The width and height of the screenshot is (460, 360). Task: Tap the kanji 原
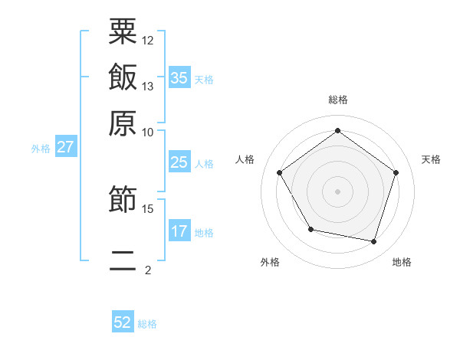coord(123,123)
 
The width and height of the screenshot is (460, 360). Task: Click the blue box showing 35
coord(179,77)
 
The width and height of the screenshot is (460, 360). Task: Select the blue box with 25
coord(179,162)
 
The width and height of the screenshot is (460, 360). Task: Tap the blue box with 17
coord(179,231)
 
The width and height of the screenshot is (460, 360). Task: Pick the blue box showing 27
coord(65,147)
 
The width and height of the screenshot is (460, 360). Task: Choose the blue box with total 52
coord(123,322)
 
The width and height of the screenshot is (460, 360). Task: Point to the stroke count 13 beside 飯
coord(148,86)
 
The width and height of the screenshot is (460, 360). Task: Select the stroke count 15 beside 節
coord(148,208)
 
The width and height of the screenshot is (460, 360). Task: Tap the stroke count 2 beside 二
coord(148,270)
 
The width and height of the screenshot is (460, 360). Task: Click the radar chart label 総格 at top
coord(337,100)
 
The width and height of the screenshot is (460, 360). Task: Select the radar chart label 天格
coord(431,159)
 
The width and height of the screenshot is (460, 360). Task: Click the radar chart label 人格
coord(245,159)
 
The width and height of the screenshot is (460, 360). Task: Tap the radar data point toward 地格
coord(374,242)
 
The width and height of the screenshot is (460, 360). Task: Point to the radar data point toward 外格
coord(310,229)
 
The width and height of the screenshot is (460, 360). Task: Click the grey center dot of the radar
coord(337,191)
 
